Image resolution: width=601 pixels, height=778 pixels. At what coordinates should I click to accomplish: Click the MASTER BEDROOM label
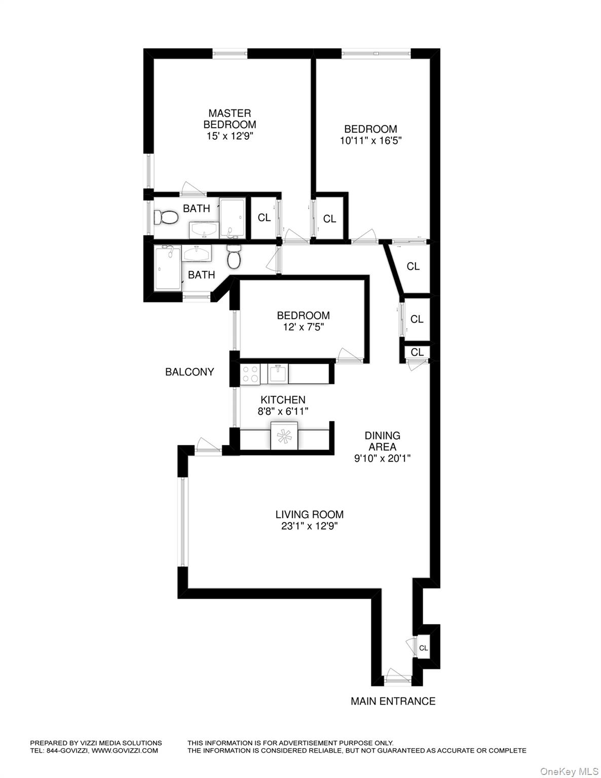[x=230, y=119]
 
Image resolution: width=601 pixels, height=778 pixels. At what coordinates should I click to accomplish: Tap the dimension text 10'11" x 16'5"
[x=370, y=141]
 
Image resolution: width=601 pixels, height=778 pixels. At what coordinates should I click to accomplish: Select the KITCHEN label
[x=283, y=400]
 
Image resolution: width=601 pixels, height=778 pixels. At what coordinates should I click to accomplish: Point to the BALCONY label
[x=190, y=372]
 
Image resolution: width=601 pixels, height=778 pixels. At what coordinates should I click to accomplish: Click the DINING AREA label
[x=383, y=441]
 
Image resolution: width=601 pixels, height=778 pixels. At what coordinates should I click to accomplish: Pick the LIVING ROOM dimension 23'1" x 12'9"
[x=309, y=526]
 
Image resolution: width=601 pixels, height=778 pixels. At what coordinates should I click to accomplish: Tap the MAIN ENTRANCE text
[x=393, y=701]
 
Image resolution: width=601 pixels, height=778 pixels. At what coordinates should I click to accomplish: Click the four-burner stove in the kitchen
[x=250, y=374]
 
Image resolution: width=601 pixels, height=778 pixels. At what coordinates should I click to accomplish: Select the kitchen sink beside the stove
[x=277, y=374]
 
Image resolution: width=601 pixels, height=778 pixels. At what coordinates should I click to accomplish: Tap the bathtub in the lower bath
[x=167, y=268]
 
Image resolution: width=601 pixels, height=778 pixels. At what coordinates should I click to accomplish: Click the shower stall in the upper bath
[x=233, y=219]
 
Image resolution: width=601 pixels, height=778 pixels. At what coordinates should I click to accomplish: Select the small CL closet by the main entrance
[x=423, y=648]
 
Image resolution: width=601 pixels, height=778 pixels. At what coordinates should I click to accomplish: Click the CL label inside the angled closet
[x=413, y=266]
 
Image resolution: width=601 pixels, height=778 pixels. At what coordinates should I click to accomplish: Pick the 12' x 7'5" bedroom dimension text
[x=303, y=327]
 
